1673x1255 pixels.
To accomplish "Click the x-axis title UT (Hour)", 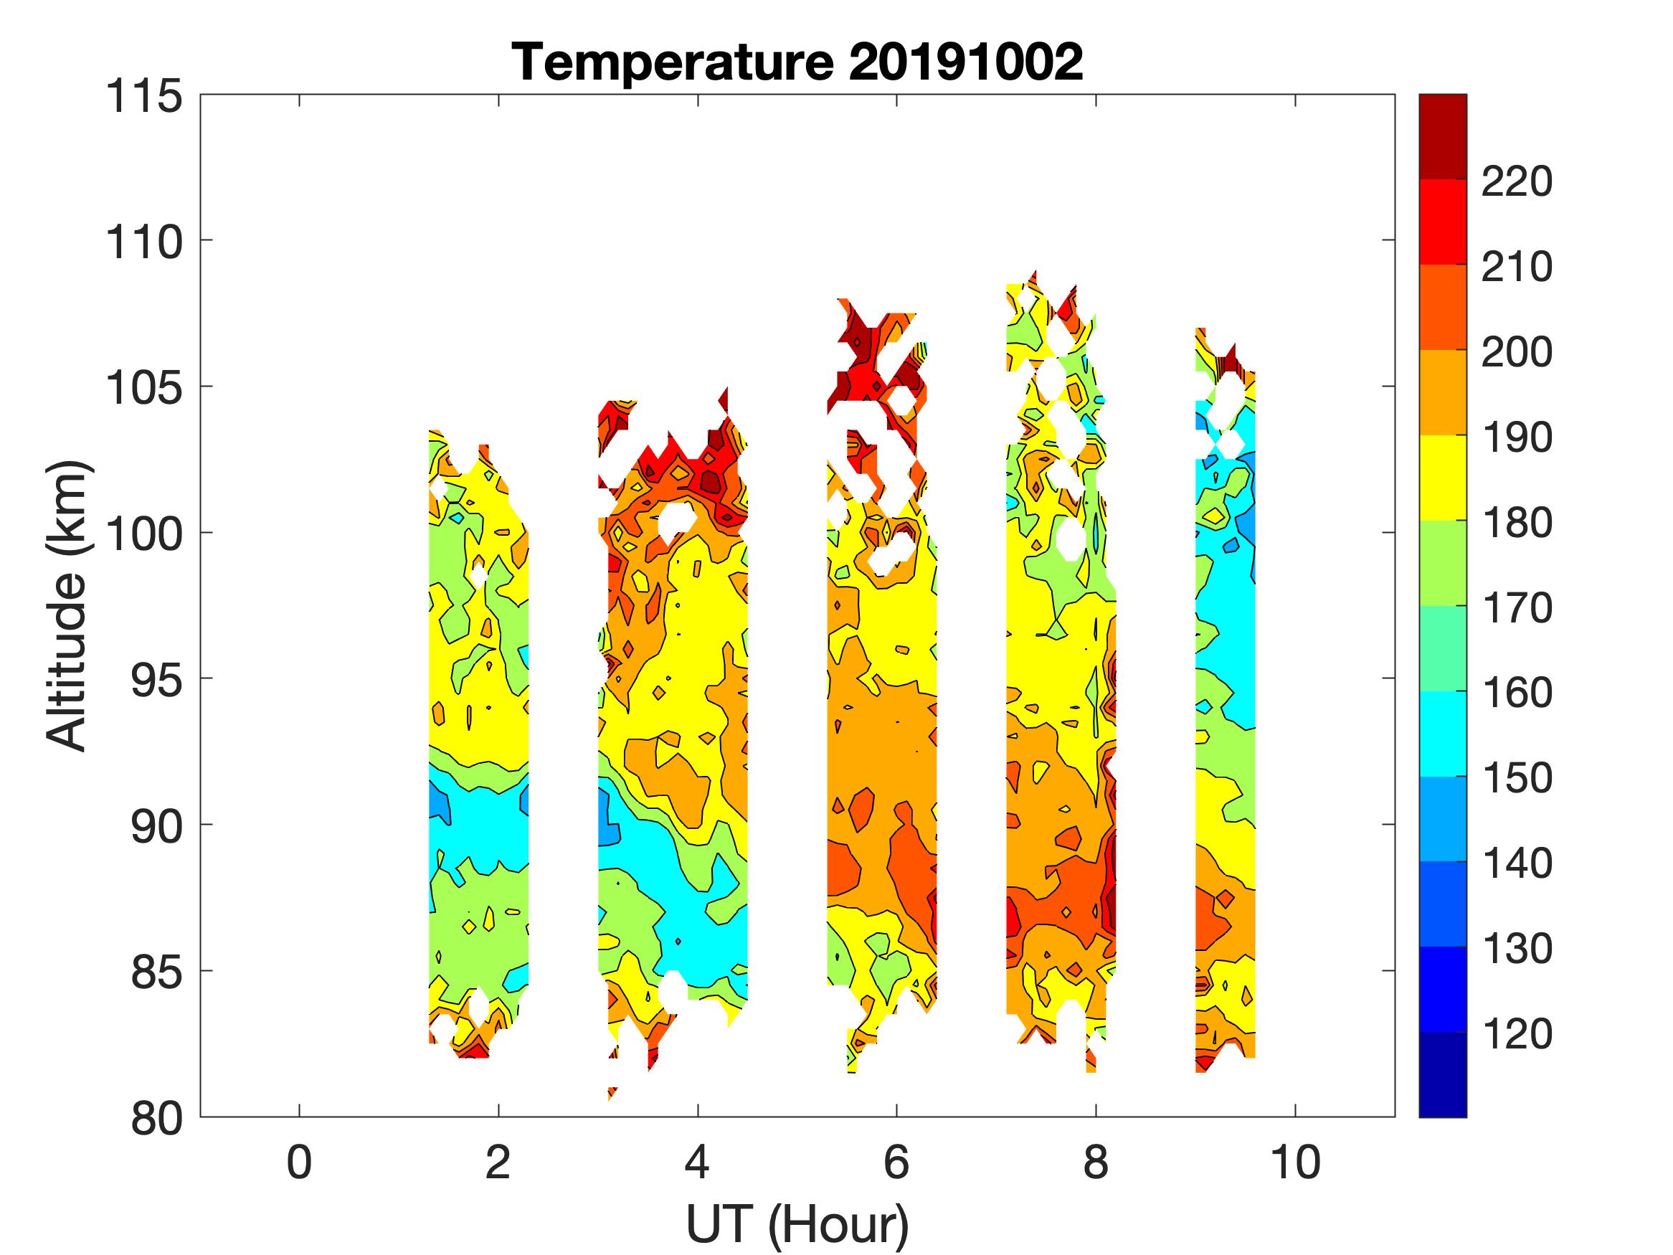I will point(797,1223).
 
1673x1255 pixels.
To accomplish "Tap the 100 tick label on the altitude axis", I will point(144,535).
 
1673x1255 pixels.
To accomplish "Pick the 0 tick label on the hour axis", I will point(300,1162).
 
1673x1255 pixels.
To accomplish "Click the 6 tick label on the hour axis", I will point(896,1162).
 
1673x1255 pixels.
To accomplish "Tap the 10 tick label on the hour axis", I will point(1296,1162).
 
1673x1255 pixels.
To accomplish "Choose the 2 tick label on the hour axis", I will point(498,1162).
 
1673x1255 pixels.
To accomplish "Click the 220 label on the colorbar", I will point(1517,181).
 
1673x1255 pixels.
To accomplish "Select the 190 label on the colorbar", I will point(1517,437).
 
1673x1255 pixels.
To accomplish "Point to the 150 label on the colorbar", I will point(1517,778).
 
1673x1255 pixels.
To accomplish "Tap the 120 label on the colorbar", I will point(1517,1034).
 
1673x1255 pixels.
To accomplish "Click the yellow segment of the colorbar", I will point(1442,478).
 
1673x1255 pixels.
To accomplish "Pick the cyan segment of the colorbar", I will point(1442,734).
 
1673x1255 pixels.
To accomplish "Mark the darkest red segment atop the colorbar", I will point(1442,136).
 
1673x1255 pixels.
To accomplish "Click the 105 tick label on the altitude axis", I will point(144,389).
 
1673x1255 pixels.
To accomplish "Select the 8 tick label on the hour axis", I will point(1096,1162).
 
